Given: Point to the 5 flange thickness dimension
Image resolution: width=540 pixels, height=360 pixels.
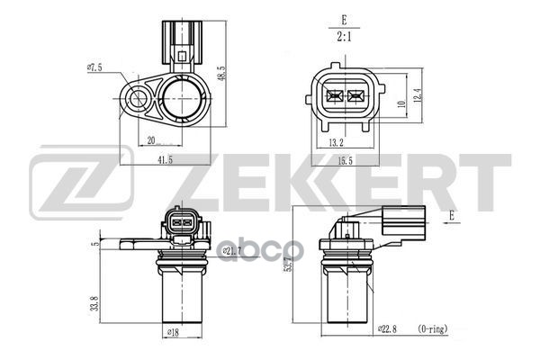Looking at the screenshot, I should click(94, 242).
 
